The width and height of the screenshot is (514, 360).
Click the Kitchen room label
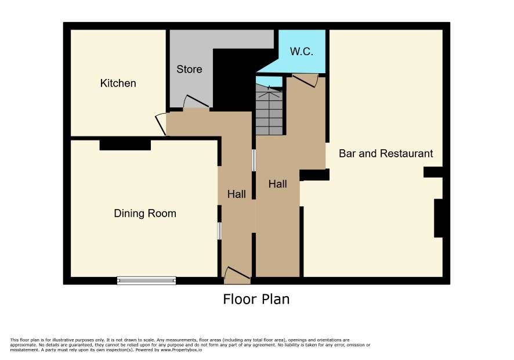pos(118,84)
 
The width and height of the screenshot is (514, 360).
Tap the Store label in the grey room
pos(189,69)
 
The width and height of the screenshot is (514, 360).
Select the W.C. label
pos(302,52)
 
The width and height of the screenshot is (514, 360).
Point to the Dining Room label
pos(145,214)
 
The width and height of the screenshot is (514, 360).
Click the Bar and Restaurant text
pos(386,154)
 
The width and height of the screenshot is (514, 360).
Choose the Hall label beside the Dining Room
pos(236,195)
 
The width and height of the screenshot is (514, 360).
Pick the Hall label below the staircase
pos(278,184)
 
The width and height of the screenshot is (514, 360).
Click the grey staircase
pos(269,110)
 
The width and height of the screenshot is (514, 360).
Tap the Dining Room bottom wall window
pos(147,280)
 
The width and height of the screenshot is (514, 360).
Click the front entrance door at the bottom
pos(237,276)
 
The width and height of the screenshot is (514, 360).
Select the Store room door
pos(196,102)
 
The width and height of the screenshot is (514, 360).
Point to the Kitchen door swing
pos(161,124)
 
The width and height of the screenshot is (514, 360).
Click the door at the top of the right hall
pos(305,80)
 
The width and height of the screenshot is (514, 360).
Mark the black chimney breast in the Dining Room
pos(125,145)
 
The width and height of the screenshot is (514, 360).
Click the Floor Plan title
pos(256,299)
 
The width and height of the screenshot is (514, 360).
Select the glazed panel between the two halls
pos(254,160)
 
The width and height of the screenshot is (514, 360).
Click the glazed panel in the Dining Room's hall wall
pos(219,231)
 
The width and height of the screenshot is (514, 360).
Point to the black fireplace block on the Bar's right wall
pos(438,218)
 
